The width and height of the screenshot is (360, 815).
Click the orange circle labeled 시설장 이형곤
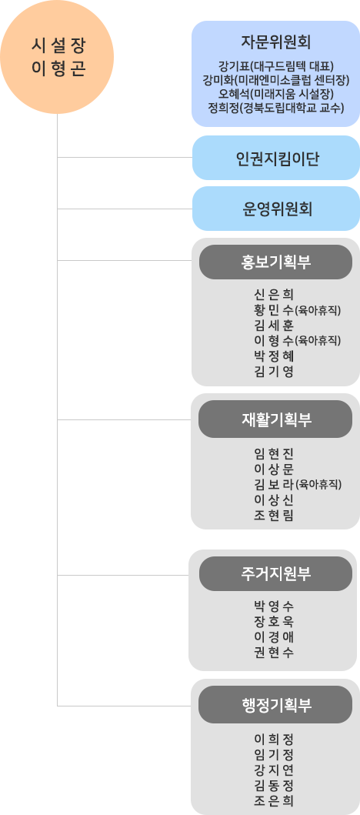(57, 56)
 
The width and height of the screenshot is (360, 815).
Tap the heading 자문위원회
(276, 41)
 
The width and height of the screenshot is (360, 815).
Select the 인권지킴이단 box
(276, 158)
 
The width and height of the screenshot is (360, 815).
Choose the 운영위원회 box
(276, 209)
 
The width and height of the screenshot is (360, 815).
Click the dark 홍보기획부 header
(276, 262)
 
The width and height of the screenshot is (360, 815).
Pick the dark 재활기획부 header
(276, 419)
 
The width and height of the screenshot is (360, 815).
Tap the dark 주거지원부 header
(276, 573)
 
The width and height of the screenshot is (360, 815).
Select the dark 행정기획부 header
(276, 704)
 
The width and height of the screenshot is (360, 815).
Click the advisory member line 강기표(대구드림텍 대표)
(276, 66)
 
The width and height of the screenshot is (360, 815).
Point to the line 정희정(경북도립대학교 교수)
(276, 109)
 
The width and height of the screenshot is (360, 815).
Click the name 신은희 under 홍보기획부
(274, 296)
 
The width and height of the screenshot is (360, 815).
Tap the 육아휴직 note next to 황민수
(318, 311)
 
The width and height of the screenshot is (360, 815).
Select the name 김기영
(274, 372)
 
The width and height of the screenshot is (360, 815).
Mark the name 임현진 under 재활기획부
(274, 454)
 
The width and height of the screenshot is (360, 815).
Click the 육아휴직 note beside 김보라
(318, 485)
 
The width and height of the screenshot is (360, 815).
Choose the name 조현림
(274, 515)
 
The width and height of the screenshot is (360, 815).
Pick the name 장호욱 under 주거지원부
(274, 621)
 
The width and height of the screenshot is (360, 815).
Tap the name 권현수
(274, 652)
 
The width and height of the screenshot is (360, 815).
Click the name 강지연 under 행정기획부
(274, 770)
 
